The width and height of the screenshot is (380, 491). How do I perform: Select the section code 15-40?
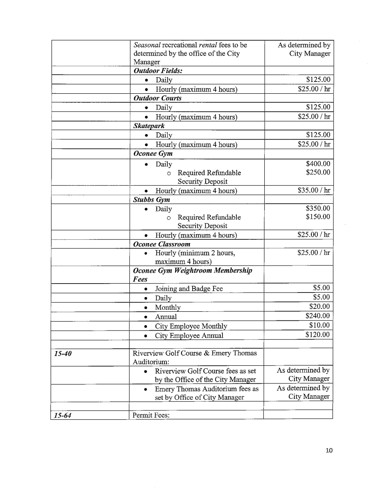pyautogui.click(x=63, y=354)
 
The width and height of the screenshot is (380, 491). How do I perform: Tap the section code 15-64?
pyautogui.click(x=63, y=416)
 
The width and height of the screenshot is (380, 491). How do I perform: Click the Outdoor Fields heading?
pyautogui.click(x=158, y=71)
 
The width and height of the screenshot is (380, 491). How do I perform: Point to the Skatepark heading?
pyautogui.click(x=149, y=126)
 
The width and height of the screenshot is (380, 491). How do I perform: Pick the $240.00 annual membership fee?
pyautogui.click(x=318, y=316)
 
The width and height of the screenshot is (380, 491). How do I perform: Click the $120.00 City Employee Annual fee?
pyautogui.click(x=318, y=335)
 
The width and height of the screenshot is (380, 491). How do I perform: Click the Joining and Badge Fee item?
pyautogui.click(x=189, y=288)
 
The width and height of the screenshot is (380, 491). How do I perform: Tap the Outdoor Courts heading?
pyautogui.click(x=157, y=98)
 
